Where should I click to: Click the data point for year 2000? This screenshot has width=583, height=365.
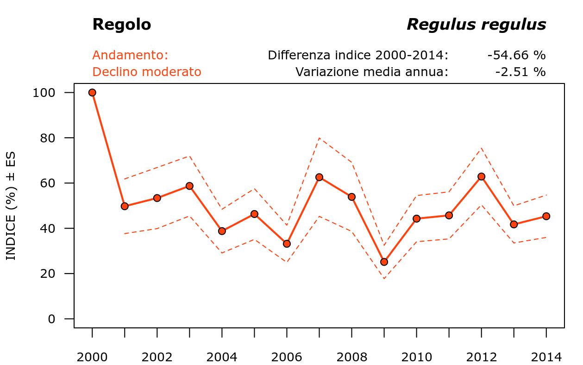[x=92, y=93]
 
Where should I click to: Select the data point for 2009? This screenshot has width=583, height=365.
[x=384, y=262]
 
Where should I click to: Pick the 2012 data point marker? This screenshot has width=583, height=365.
[x=482, y=177]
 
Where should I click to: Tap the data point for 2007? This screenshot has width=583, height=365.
[x=319, y=177]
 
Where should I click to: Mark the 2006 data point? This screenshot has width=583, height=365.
[x=287, y=243]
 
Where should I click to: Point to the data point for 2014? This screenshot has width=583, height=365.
[x=546, y=216]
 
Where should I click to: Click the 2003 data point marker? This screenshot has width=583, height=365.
[x=189, y=186]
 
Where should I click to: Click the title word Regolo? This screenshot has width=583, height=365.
[x=121, y=25]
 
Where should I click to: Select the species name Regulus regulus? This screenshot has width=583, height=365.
[x=476, y=25]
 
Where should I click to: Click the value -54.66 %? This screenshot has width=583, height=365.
[x=516, y=55]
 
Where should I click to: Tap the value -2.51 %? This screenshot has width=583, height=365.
[x=520, y=72]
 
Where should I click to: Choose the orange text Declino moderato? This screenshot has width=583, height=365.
[x=147, y=72]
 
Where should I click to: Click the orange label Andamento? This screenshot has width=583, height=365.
[x=130, y=55]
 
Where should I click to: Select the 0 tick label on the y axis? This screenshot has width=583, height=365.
[x=51, y=319]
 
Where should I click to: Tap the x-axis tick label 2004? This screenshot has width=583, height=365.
[x=222, y=357]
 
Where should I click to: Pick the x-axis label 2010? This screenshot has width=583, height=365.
[x=416, y=357]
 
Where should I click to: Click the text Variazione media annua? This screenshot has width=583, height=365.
[x=372, y=72]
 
